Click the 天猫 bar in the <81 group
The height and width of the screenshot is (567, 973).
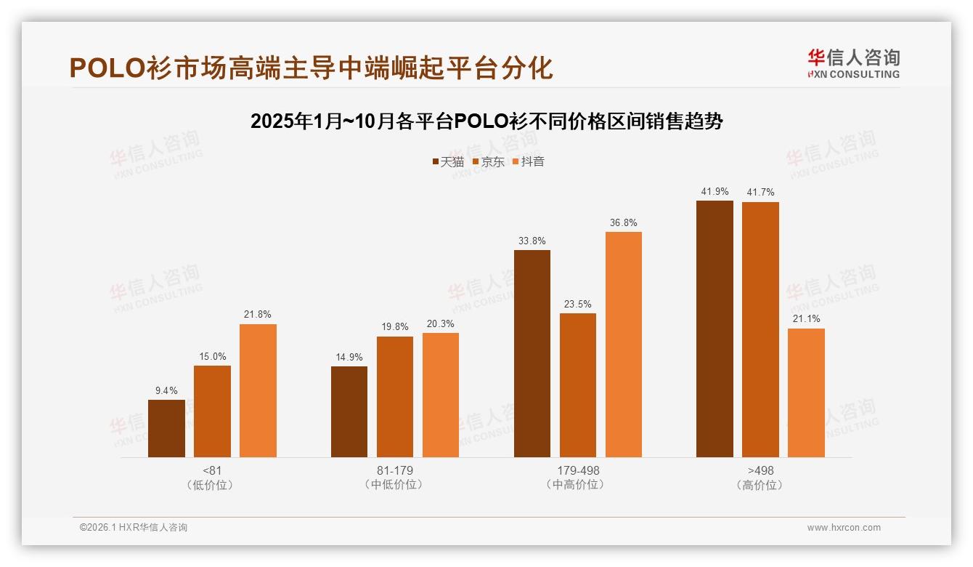pyautogui.click(x=166, y=428)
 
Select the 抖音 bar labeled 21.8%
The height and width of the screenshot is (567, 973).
pyautogui.click(x=258, y=390)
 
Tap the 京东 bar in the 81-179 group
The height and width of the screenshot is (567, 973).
pyautogui.click(x=395, y=397)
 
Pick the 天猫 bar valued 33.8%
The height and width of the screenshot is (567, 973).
pyautogui.click(x=532, y=353)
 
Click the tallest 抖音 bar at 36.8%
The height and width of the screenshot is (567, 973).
pyautogui.click(x=624, y=345)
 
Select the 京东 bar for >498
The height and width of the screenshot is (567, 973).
pyautogui.click(x=760, y=329)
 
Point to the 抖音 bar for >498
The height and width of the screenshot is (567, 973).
pyautogui.click(x=806, y=393)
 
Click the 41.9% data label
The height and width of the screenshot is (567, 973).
pyautogui.click(x=715, y=191)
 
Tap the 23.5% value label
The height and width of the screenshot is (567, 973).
pyautogui.click(x=578, y=304)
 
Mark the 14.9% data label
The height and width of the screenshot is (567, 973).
pyautogui.click(x=349, y=357)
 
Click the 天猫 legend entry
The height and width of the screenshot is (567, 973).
pyautogui.click(x=448, y=161)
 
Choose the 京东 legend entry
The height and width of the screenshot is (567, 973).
pyautogui.click(x=489, y=161)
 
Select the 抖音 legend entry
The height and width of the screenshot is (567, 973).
pyautogui.click(x=529, y=161)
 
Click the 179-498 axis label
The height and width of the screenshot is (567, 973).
pyautogui.click(x=578, y=470)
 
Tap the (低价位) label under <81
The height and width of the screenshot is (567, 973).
pyautogui.click(x=212, y=485)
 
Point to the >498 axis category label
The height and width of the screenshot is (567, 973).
pyautogui.click(x=760, y=470)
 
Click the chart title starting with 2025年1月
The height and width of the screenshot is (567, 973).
pyautogui.click(x=486, y=121)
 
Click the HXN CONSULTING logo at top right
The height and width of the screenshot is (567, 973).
pyautogui.click(x=853, y=64)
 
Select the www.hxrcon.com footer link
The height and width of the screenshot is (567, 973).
pyautogui.click(x=844, y=528)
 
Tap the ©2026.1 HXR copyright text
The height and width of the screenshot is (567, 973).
pyautogui.click(x=134, y=528)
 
